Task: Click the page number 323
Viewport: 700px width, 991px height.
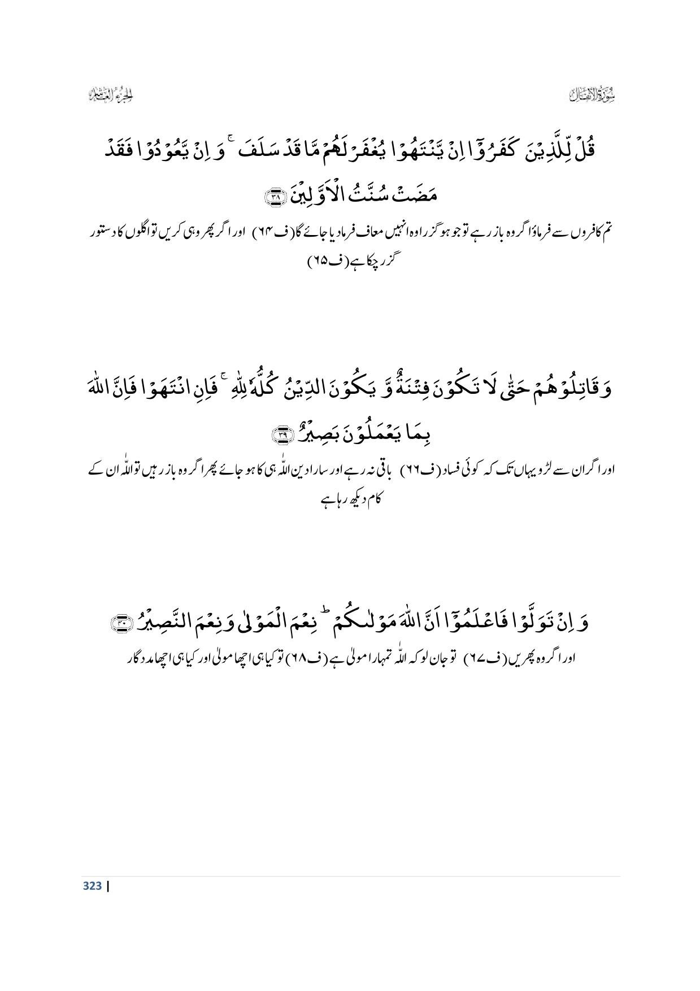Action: (92, 885)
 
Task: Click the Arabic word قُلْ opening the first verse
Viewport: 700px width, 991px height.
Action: (584, 151)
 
